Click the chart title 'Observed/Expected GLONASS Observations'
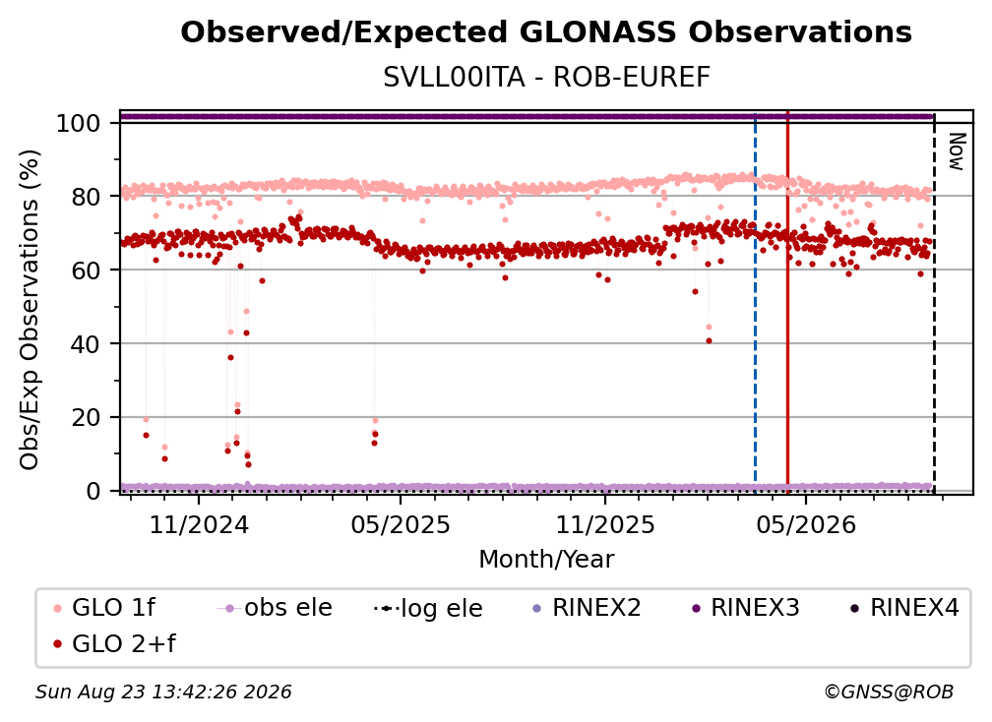point(546,32)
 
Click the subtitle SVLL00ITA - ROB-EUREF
point(546,77)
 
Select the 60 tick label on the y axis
point(86,270)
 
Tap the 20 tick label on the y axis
point(86,417)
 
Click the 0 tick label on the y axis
point(93,491)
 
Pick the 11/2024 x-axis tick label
point(199,524)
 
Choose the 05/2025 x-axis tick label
point(401,524)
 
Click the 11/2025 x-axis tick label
point(605,524)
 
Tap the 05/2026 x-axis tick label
point(806,524)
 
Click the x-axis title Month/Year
point(546,559)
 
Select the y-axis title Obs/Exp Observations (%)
point(30,310)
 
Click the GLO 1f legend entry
point(104,608)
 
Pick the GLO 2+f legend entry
point(114,643)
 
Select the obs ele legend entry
point(275,608)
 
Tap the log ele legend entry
point(428,608)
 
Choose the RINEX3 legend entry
point(746,608)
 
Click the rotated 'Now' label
point(957,151)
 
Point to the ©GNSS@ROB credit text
point(889,692)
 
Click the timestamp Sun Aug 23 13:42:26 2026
point(163,692)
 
